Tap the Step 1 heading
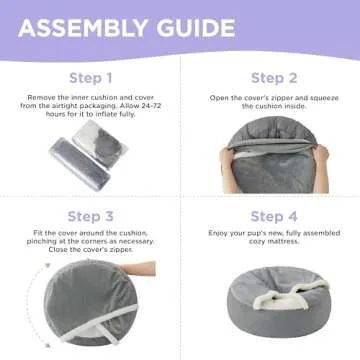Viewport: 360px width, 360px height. [x=90, y=77]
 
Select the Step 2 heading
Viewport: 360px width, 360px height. [x=270, y=77]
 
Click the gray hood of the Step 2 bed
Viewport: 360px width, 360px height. [x=271, y=140]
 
